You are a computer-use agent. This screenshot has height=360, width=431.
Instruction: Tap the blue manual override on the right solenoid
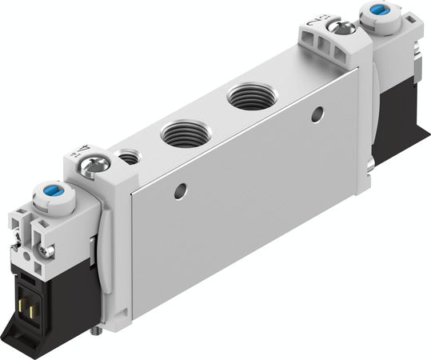click(x=374, y=14)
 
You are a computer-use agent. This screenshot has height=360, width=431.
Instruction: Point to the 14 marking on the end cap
click(x=86, y=150)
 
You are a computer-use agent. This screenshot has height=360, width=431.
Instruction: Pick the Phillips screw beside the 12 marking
click(x=345, y=27)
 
